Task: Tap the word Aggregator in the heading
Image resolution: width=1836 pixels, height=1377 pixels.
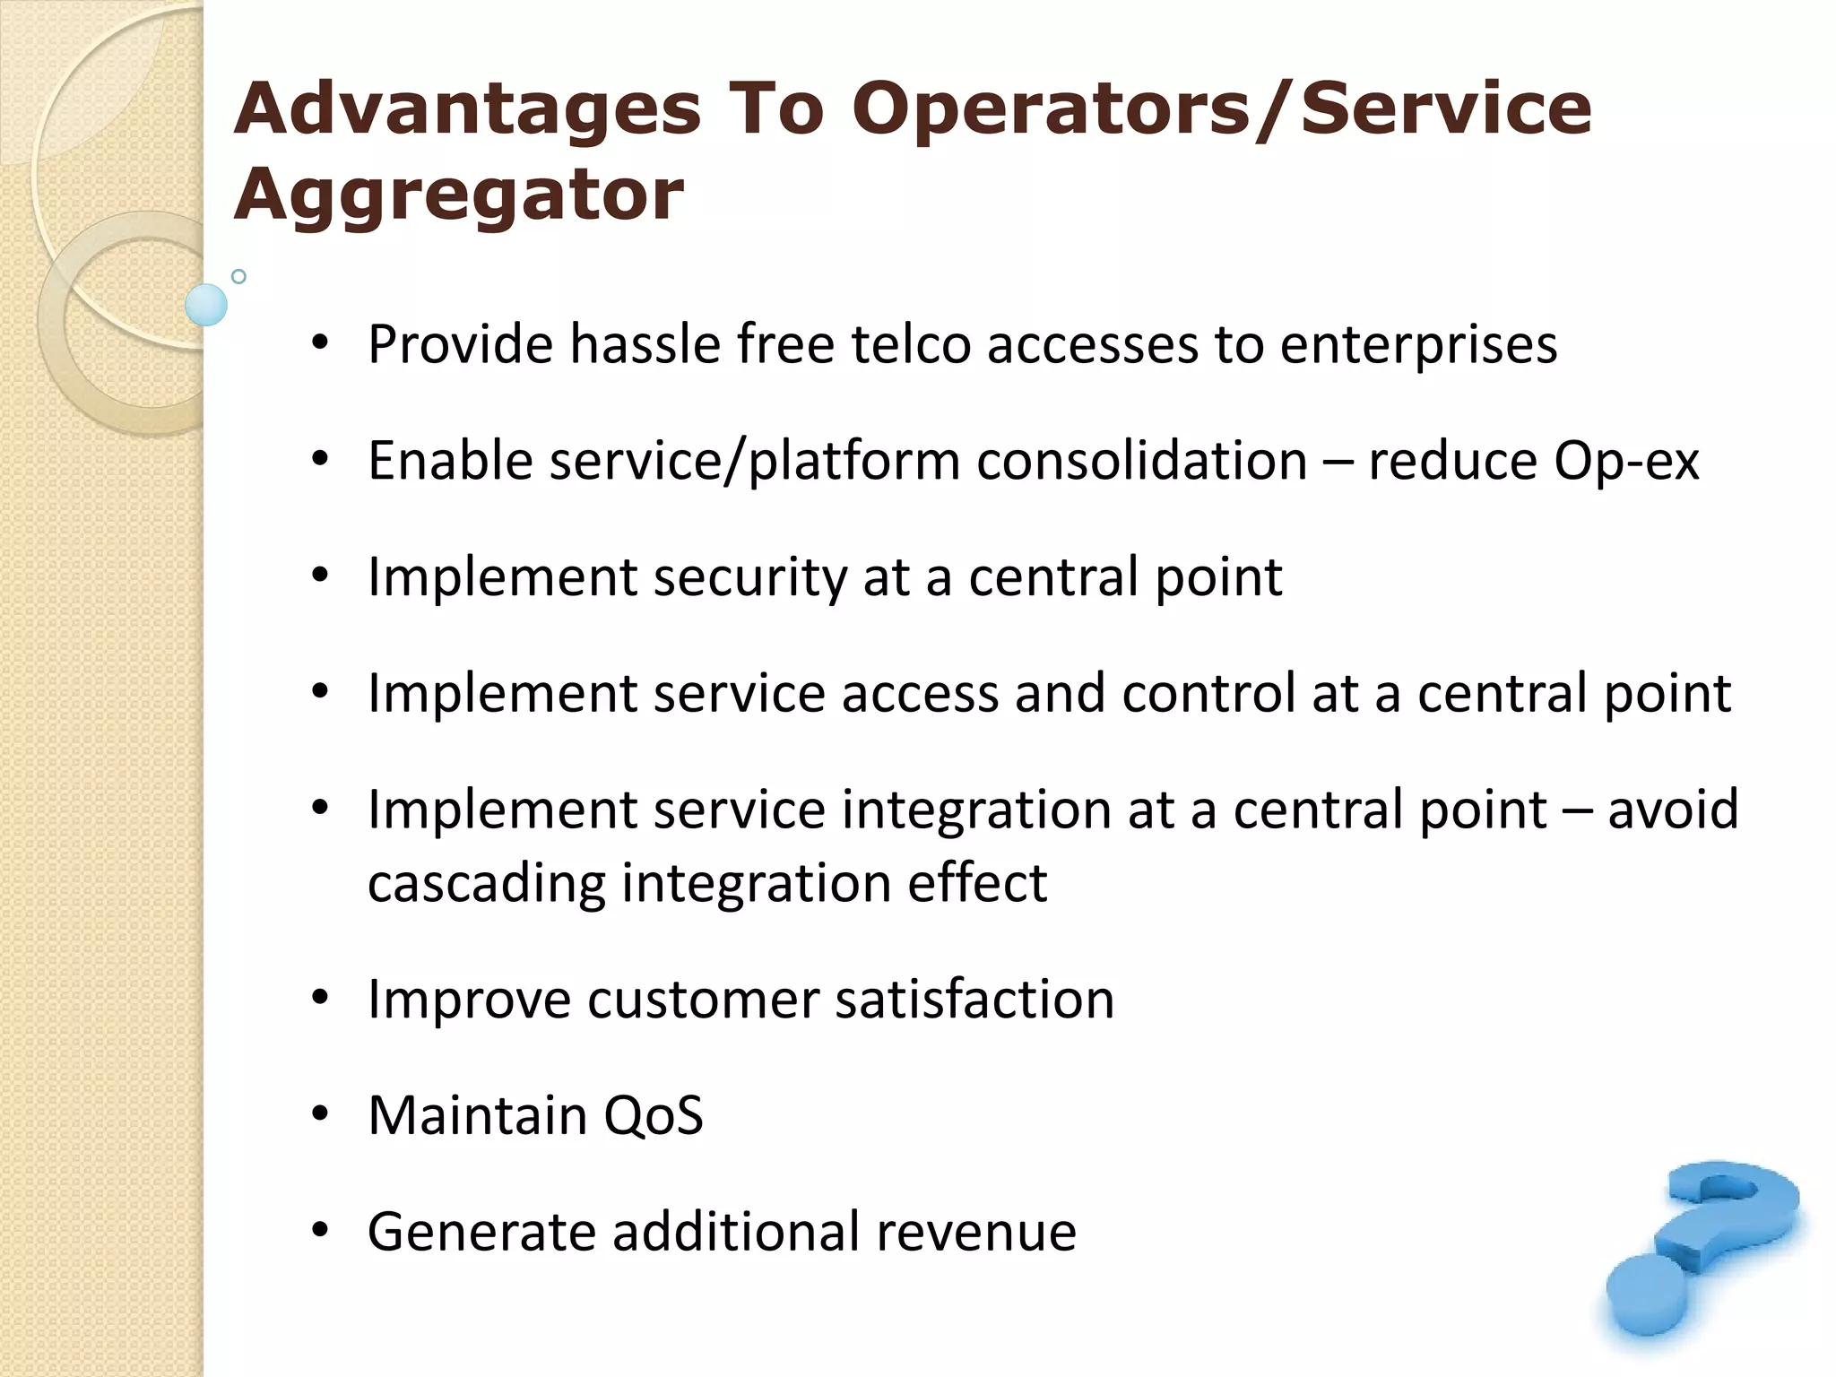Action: point(458,195)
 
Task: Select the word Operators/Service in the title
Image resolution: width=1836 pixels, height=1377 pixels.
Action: point(1221,109)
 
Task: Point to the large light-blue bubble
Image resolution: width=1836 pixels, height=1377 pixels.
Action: point(206,305)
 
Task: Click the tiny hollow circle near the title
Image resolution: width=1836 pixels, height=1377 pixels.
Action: point(238,276)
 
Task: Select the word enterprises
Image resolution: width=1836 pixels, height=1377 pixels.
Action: point(1418,346)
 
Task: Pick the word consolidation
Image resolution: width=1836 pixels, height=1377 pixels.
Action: point(1141,461)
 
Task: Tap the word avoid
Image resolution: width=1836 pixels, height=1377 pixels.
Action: point(1673,810)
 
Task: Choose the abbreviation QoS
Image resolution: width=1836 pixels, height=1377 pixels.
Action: point(654,1116)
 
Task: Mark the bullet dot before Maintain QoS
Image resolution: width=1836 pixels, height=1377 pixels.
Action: point(320,1114)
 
